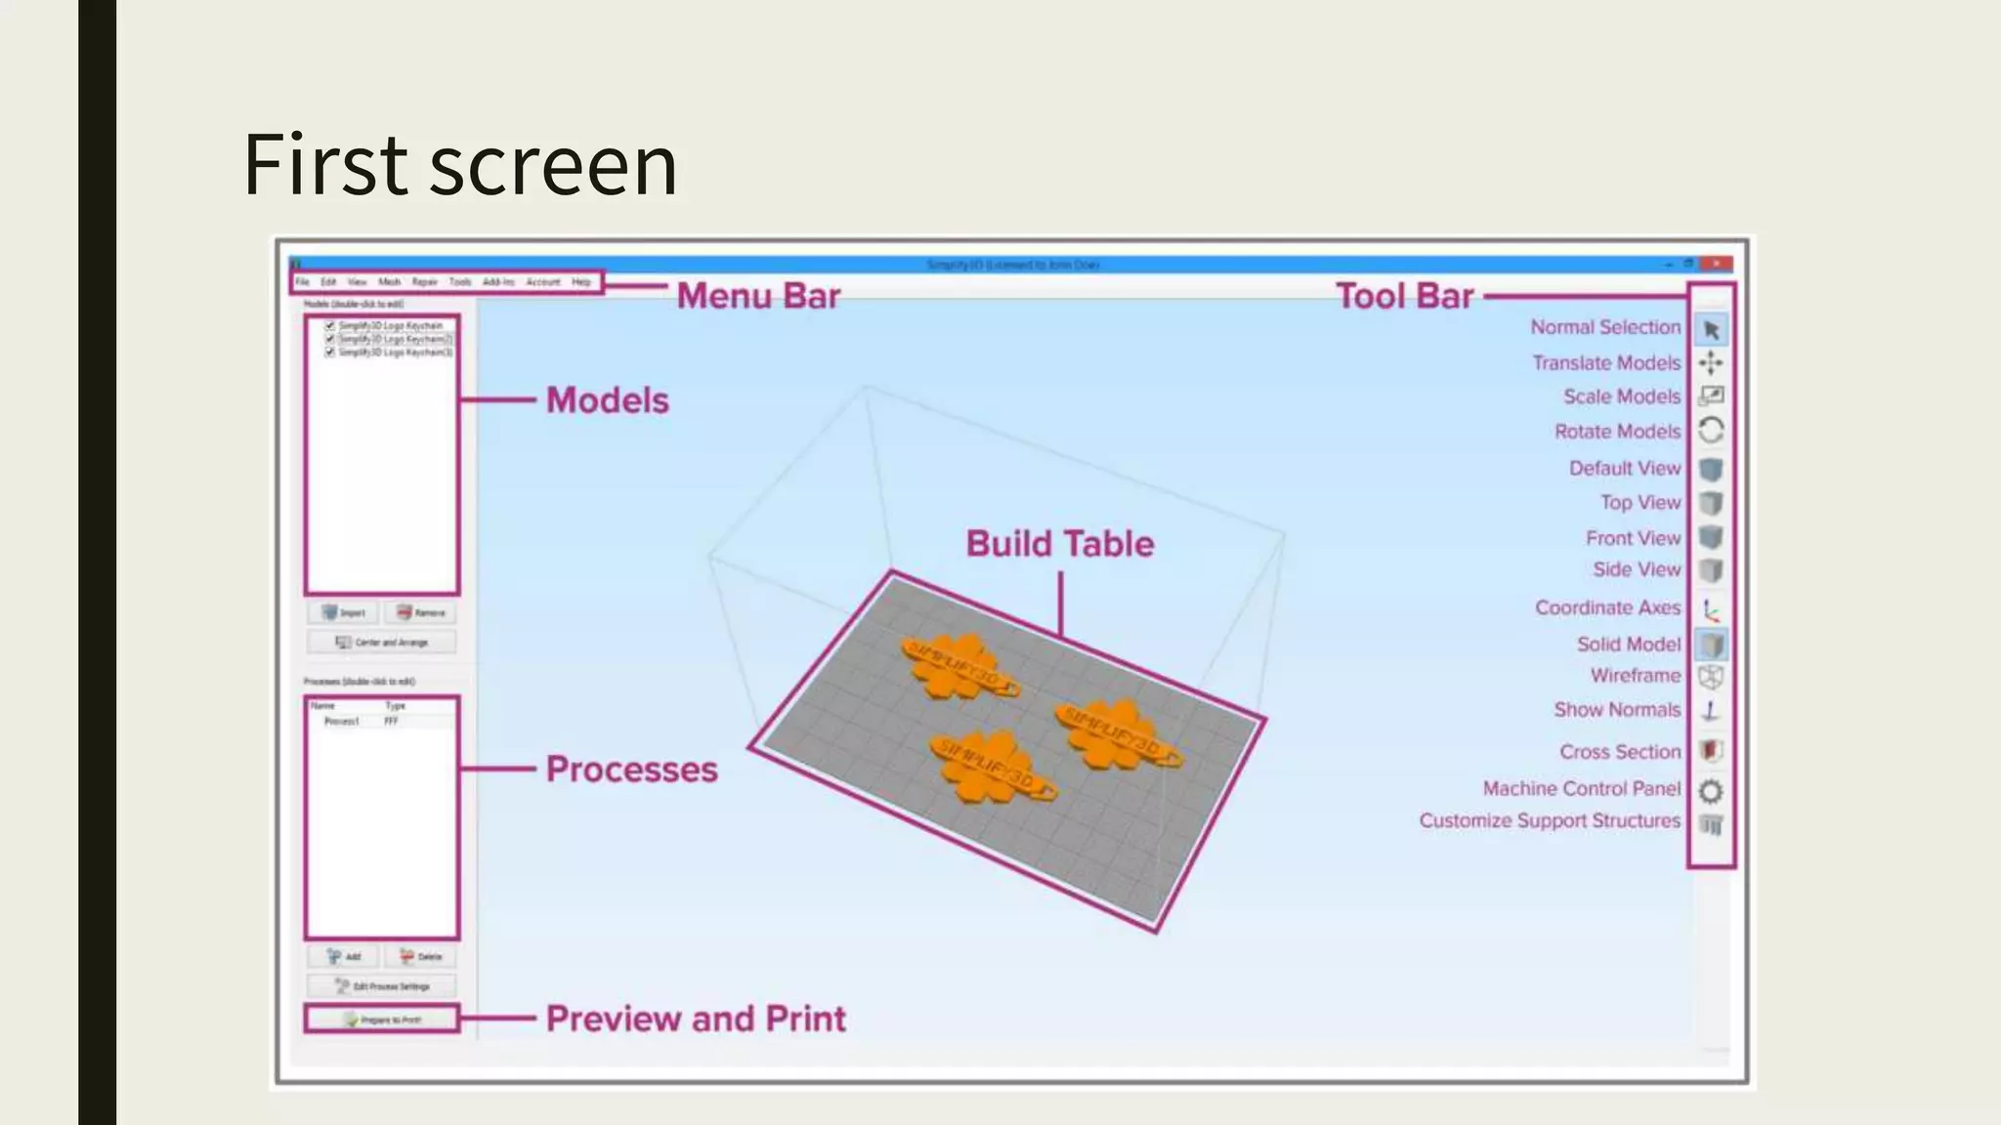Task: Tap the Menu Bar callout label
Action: pos(758,296)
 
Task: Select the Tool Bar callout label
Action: pos(1404,296)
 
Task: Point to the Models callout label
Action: pos(607,400)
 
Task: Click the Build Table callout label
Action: pos(1060,544)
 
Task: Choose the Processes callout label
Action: pos(631,770)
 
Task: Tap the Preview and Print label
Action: pos(696,1019)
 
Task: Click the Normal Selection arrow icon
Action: pos(1711,330)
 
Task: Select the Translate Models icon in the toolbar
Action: pos(1711,363)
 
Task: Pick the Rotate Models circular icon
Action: pos(1711,431)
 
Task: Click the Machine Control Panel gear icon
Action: pos(1711,790)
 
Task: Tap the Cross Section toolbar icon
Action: pos(1710,751)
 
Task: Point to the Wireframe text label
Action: pos(1636,676)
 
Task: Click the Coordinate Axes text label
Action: pos(1607,607)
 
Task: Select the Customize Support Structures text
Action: pos(1550,820)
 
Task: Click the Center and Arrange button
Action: pos(382,643)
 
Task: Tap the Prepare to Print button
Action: pos(382,1020)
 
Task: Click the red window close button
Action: pos(1717,264)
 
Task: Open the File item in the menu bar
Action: pos(303,282)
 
